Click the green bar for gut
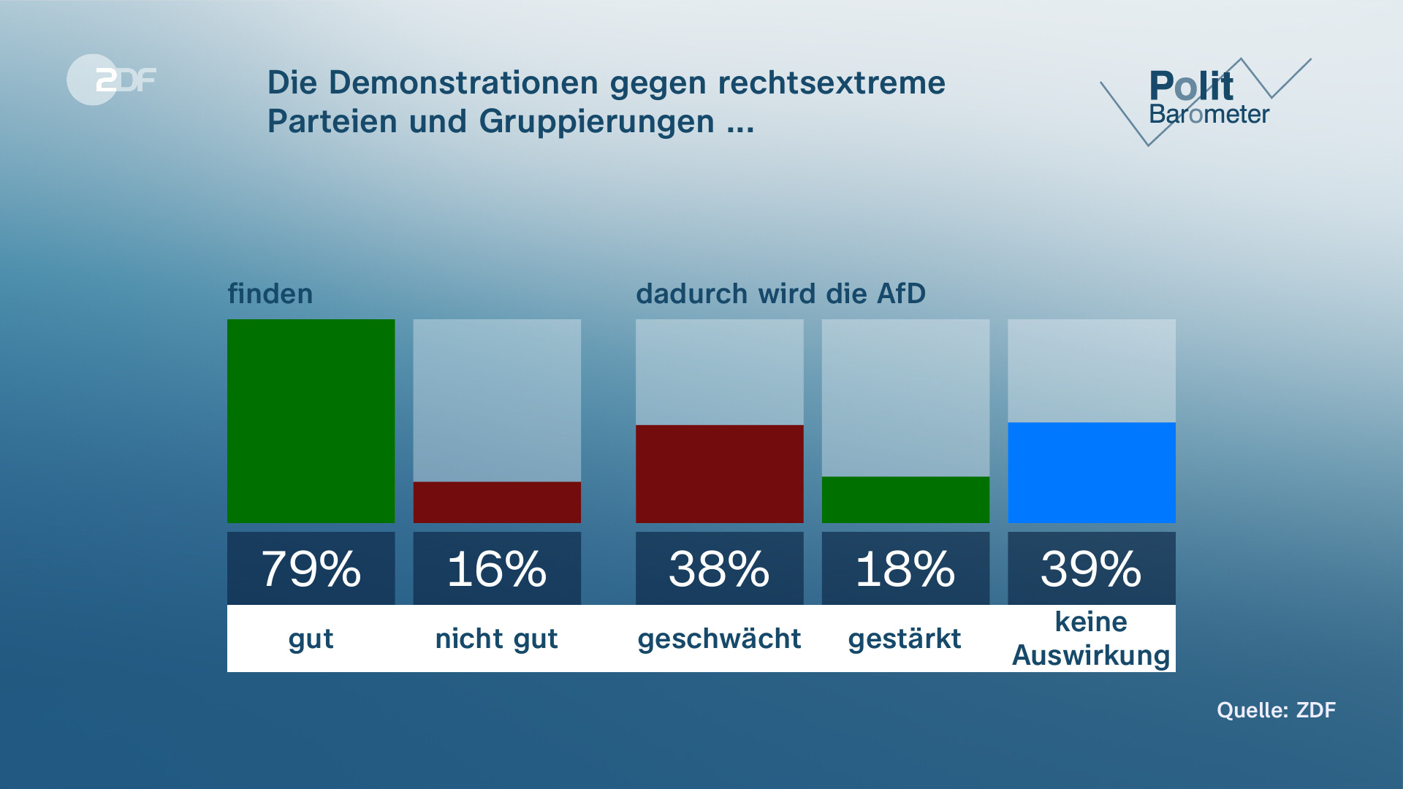[x=311, y=421]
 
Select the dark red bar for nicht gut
[x=497, y=502]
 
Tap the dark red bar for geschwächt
[x=719, y=473]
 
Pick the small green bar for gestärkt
[x=905, y=500]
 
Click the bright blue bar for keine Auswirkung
[x=1091, y=472]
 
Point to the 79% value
[x=311, y=569]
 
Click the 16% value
[x=497, y=569]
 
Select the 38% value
[x=719, y=569]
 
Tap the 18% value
[x=905, y=569]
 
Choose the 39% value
[x=1091, y=569]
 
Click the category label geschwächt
[x=719, y=639]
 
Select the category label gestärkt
[x=905, y=639]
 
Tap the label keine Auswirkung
[x=1091, y=639]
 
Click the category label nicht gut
[x=497, y=639]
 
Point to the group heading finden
[x=270, y=294]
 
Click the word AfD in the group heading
[x=901, y=294]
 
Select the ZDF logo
[x=112, y=80]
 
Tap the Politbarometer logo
[x=1206, y=99]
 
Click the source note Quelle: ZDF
[x=1276, y=710]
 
